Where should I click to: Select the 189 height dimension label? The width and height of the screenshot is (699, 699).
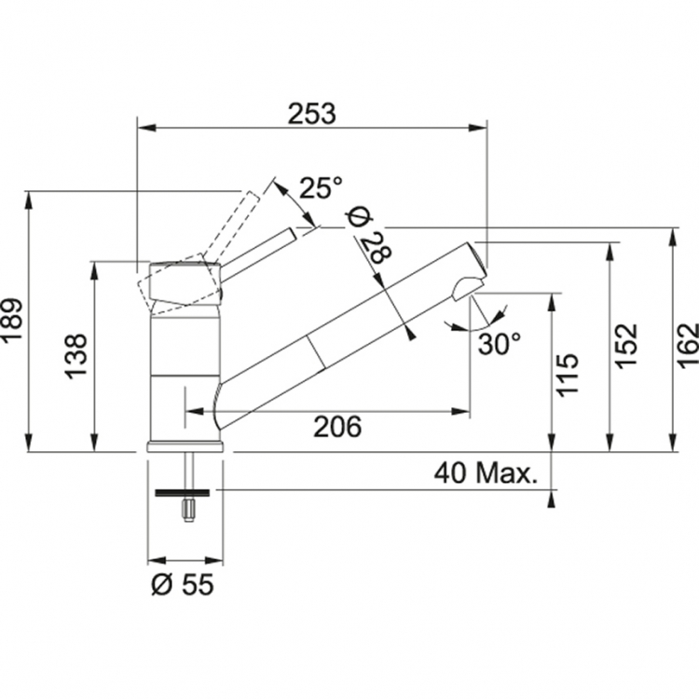(x=11, y=319)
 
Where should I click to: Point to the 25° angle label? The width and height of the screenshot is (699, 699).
(x=321, y=187)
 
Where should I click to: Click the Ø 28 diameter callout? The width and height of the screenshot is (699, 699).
(x=369, y=236)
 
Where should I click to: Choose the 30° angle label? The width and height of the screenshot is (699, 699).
(x=500, y=343)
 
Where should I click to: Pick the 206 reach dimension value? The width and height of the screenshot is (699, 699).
(x=337, y=427)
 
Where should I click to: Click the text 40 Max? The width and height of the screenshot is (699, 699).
(x=486, y=473)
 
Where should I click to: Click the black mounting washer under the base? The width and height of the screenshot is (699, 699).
(x=182, y=493)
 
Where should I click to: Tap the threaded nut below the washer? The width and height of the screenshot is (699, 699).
(x=188, y=510)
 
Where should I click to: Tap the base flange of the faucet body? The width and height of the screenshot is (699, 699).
(x=185, y=446)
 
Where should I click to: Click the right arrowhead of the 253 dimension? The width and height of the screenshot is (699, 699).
(x=478, y=129)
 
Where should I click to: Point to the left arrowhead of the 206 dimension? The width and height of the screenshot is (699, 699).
(x=195, y=411)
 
